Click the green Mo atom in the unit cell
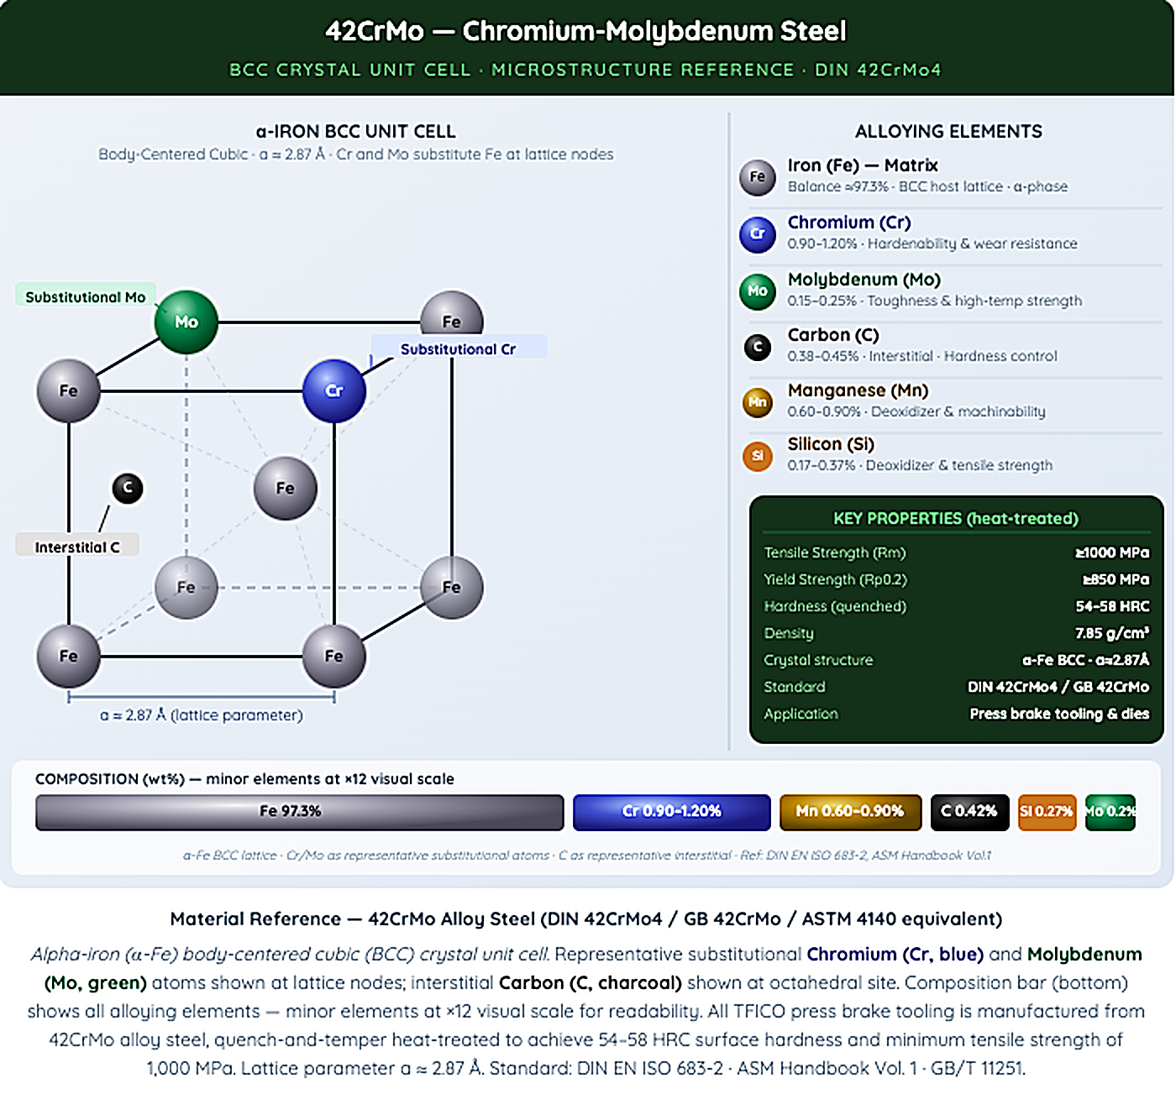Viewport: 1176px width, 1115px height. click(x=186, y=322)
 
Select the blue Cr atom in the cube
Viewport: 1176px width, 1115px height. click(x=333, y=390)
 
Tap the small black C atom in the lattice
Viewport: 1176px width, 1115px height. click(x=128, y=488)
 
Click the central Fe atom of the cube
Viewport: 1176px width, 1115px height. click(x=286, y=488)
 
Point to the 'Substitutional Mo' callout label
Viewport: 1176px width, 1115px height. click(x=85, y=296)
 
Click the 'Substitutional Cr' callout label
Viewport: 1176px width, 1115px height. click(x=458, y=348)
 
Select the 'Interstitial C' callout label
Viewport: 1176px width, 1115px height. click(x=77, y=547)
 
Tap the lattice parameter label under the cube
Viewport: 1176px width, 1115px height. click(x=202, y=715)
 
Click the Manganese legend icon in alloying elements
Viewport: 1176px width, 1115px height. click(x=758, y=402)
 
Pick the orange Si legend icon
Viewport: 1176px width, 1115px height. click(x=758, y=456)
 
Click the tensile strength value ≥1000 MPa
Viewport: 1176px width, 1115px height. click(x=1112, y=552)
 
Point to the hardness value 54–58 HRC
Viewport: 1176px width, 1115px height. click(x=1112, y=606)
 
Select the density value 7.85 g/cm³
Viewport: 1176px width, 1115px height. click(x=1112, y=632)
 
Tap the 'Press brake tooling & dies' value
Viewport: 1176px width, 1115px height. click(x=1059, y=713)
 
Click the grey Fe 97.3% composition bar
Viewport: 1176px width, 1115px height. click(x=299, y=812)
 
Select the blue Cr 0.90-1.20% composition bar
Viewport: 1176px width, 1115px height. click(x=671, y=812)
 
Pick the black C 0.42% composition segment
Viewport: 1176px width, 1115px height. click(x=969, y=812)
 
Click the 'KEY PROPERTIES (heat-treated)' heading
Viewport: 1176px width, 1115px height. click(x=956, y=518)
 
